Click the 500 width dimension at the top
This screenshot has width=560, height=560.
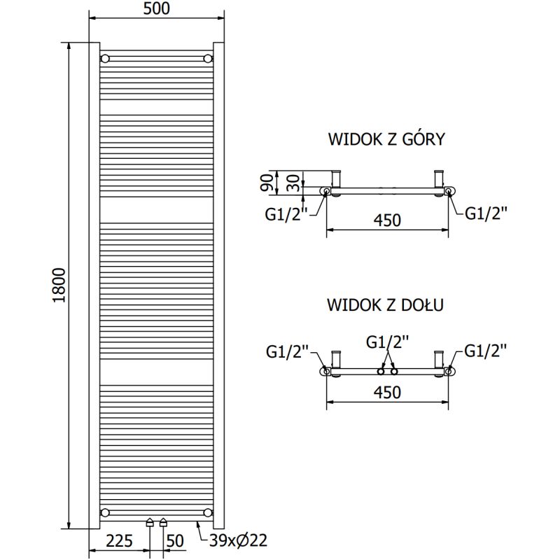click(155, 9)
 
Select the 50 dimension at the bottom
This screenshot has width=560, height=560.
click(175, 540)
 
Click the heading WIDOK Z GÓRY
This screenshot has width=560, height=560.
click(386, 139)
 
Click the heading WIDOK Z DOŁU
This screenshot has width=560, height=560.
click(386, 306)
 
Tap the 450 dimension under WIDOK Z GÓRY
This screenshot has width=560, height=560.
click(387, 220)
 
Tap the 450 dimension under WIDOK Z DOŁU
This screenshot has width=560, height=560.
click(387, 393)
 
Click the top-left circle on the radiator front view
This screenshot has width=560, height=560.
click(105, 57)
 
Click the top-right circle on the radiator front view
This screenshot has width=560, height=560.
click(208, 57)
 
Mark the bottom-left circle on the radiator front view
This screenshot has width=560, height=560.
click(105, 512)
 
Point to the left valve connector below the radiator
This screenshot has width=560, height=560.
click(149, 522)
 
